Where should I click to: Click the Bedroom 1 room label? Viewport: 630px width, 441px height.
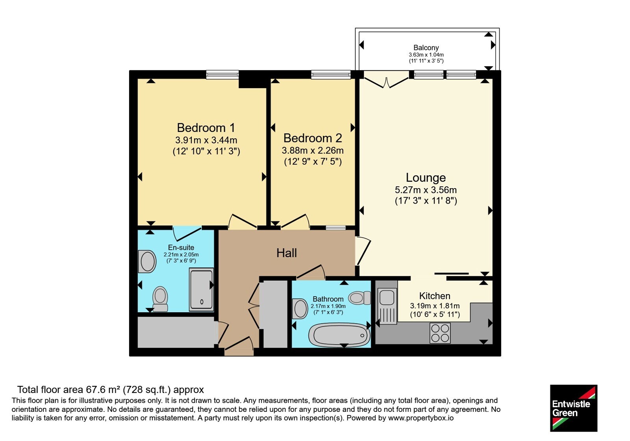click(x=206, y=128)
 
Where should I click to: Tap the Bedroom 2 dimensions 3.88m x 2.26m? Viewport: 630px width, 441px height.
click(x=313, y=151)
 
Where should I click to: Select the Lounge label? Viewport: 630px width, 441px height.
click(x=426, y=178)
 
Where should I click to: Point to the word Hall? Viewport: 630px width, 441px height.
click(x=287, y=253)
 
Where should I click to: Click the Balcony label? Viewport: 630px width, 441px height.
click(x=426, y=48)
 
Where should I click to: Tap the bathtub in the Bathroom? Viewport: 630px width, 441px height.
click(x=339, y=335)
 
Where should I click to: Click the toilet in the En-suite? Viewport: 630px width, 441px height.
click(x=160, y=299)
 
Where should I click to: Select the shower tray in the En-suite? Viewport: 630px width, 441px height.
click(x=201, y=289)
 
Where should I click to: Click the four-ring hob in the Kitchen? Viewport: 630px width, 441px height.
click(x=440, y=333)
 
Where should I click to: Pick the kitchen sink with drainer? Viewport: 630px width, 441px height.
click(x=387, y=306)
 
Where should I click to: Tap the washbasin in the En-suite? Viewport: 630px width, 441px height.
click(x=147, y=261)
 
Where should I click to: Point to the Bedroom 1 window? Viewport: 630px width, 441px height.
click(x=222, y=74)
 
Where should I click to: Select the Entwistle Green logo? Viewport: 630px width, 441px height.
click(x=574, y=408)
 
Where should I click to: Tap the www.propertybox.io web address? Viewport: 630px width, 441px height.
click(x=421, y=418)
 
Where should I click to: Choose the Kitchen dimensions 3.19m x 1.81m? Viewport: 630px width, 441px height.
click(x=435, y=306)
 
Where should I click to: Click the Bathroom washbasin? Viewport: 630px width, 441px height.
click(x=300, y=309)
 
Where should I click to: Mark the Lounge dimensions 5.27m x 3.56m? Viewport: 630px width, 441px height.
click(x=426, y=190)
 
